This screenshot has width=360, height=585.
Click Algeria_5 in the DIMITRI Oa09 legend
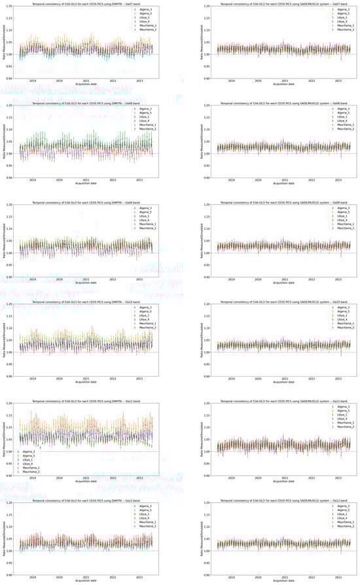145,212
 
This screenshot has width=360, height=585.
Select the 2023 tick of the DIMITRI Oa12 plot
140,577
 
